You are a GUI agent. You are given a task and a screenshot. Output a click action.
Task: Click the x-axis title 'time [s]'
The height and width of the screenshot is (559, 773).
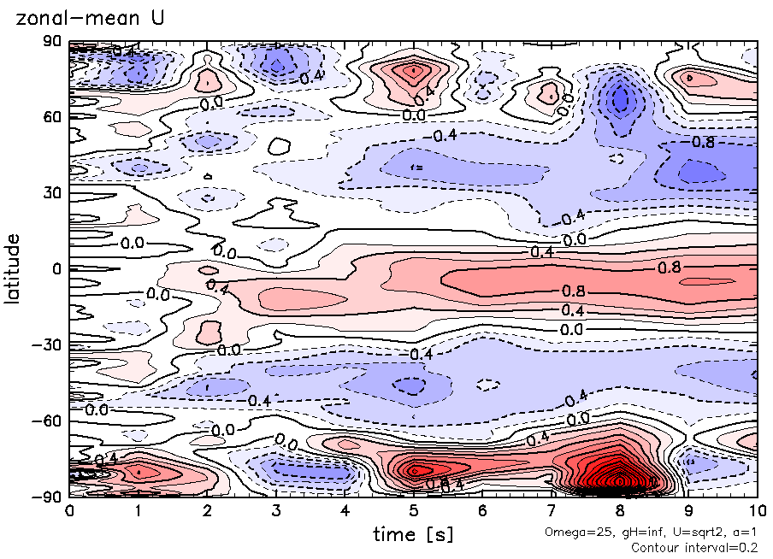pyautogui.click(x=413, y=535)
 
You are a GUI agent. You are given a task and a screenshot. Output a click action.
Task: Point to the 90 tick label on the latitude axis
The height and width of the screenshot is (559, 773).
pyautogui.click(x=51, y=41)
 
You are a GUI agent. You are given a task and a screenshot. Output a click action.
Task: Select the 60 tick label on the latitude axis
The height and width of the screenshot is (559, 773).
pyautogui.click(x=51, y=117)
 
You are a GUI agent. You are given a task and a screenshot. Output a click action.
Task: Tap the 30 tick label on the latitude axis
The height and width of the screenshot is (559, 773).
pyautogui.click(x=51, y=193)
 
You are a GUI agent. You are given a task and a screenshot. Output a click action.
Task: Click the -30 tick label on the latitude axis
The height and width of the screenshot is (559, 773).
pyautogui.click(x=47, y=344)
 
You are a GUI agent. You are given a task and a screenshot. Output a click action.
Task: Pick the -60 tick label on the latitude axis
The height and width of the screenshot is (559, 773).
pyautogui.click(x=47, y=421)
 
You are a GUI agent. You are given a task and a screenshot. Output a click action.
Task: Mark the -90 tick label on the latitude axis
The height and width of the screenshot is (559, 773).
pyautogui.click(x=47, y=496)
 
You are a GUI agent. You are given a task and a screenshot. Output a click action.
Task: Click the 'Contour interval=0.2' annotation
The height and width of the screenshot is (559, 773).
pyautogui.click(x=694, y=547)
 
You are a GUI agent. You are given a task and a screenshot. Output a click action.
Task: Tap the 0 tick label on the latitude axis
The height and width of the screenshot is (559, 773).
pyautogui.click(x=56, y=269)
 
